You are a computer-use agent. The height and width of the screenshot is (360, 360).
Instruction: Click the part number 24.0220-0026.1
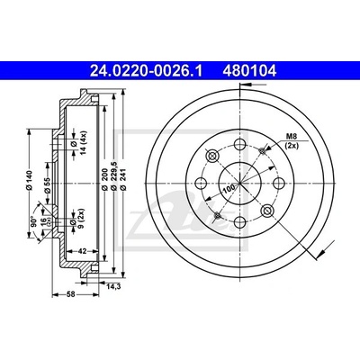click(x=147, y=71)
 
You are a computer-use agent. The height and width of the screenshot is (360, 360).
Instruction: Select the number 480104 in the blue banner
click(x=249, y=71)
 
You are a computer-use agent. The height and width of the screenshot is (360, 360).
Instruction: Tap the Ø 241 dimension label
click(x=123, y=179)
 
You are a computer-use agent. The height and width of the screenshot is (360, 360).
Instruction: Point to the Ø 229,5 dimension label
click(x=113, y=177)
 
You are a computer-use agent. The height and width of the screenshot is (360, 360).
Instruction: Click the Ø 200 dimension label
click(x=104, y=179)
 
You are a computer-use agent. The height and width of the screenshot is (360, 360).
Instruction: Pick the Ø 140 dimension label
click(x=29, y=180)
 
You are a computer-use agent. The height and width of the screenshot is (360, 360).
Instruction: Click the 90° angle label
click(x=34, y=220)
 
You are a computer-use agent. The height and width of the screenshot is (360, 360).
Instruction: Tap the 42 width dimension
click(x=82, y=251)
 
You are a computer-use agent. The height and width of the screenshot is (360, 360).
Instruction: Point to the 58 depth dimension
click(x=71, y=294)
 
